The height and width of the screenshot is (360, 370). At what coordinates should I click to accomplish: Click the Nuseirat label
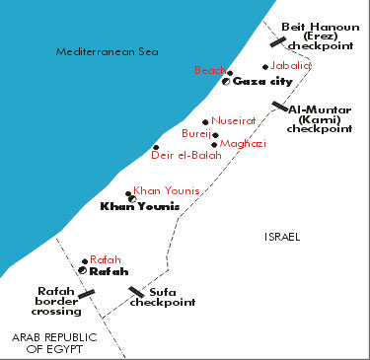coord(233,120)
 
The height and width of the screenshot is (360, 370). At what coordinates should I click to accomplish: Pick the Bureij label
coord(196,132)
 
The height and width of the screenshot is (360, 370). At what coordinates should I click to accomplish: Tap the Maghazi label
coord(243,144)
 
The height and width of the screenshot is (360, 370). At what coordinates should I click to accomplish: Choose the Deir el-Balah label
coord(183,155)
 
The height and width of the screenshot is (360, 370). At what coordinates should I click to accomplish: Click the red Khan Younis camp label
coord(167,189)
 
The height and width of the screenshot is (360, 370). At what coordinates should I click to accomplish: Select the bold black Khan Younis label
coord(141,206)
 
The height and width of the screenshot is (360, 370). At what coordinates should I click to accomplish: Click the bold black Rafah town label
coord(108,271)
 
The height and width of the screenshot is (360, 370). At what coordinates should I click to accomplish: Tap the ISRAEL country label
coord(282,237)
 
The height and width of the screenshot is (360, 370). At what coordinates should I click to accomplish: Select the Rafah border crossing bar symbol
coord(87,293)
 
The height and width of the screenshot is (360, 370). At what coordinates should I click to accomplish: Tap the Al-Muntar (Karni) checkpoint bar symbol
coord(281,107)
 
